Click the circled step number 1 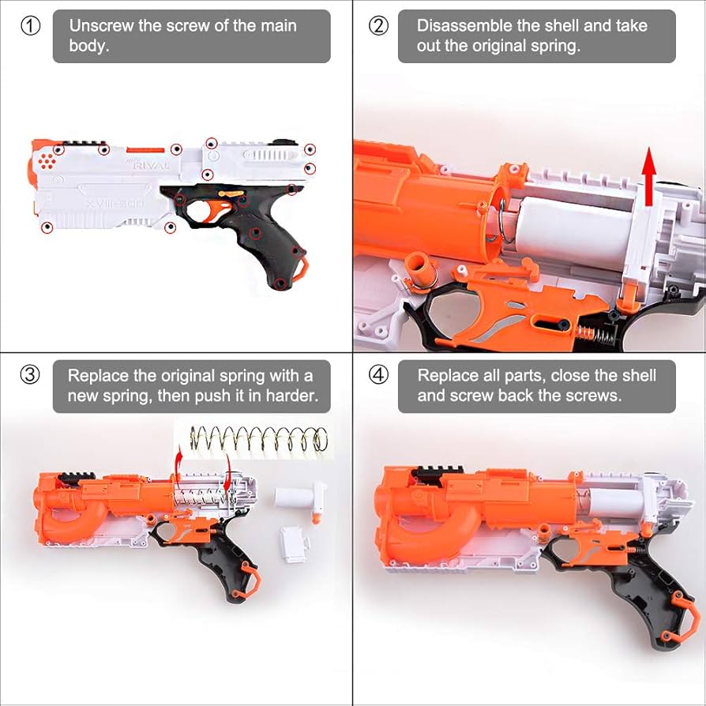point(30,25)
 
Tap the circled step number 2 point(379,25)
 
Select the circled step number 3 point(30,375)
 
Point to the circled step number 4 point(379,375)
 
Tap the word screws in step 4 point(594,396)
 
